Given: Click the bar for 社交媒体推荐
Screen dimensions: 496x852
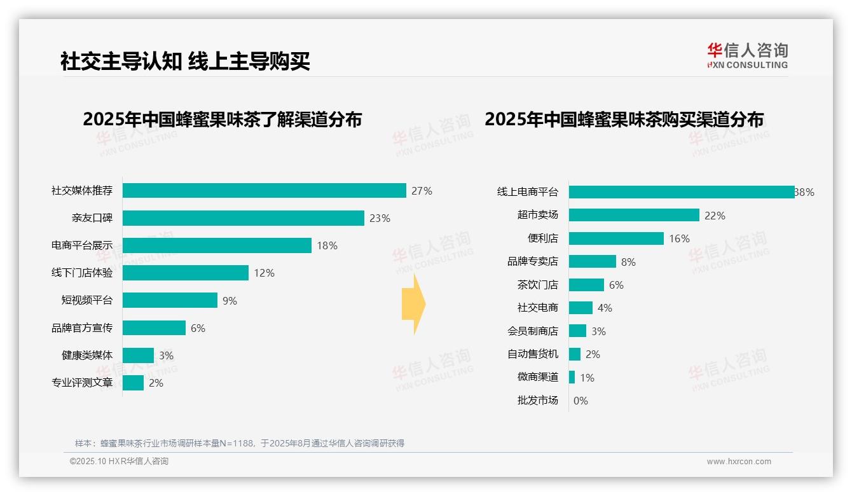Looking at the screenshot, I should point(264,191).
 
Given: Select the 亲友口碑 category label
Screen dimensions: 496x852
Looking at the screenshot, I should point(92,218).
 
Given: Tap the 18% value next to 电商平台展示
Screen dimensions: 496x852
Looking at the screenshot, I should point(327,245).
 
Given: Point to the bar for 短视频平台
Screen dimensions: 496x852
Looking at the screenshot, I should point(170,300).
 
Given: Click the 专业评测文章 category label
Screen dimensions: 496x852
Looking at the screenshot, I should point(82,383).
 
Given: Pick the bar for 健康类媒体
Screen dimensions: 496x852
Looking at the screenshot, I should point(138,355).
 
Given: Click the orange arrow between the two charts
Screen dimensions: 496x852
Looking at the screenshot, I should point(413,305).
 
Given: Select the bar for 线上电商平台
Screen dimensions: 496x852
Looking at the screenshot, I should point(681,192).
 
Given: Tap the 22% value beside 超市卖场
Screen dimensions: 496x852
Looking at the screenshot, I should point(715,216).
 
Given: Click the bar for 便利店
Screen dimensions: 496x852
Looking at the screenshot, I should point(616,238).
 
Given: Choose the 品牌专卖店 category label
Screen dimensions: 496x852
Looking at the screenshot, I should point(532,261).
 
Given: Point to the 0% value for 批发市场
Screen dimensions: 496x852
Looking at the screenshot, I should point(581,401).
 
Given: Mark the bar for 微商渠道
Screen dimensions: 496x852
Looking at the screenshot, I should point(572,377).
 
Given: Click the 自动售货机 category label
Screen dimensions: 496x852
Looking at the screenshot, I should point(532,354).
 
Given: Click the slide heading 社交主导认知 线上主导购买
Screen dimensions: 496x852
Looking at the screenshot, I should point(185,62).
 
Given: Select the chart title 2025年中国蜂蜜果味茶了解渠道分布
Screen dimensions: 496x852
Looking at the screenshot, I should point(222,120).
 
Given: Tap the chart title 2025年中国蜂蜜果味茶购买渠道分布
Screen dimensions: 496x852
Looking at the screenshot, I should point(624,120).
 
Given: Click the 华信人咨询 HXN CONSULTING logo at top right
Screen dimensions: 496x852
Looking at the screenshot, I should point(747,55).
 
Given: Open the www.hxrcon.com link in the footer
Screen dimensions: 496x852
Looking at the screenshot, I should point(739,462).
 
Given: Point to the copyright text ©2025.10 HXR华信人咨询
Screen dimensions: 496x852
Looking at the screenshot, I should point(119,462).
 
